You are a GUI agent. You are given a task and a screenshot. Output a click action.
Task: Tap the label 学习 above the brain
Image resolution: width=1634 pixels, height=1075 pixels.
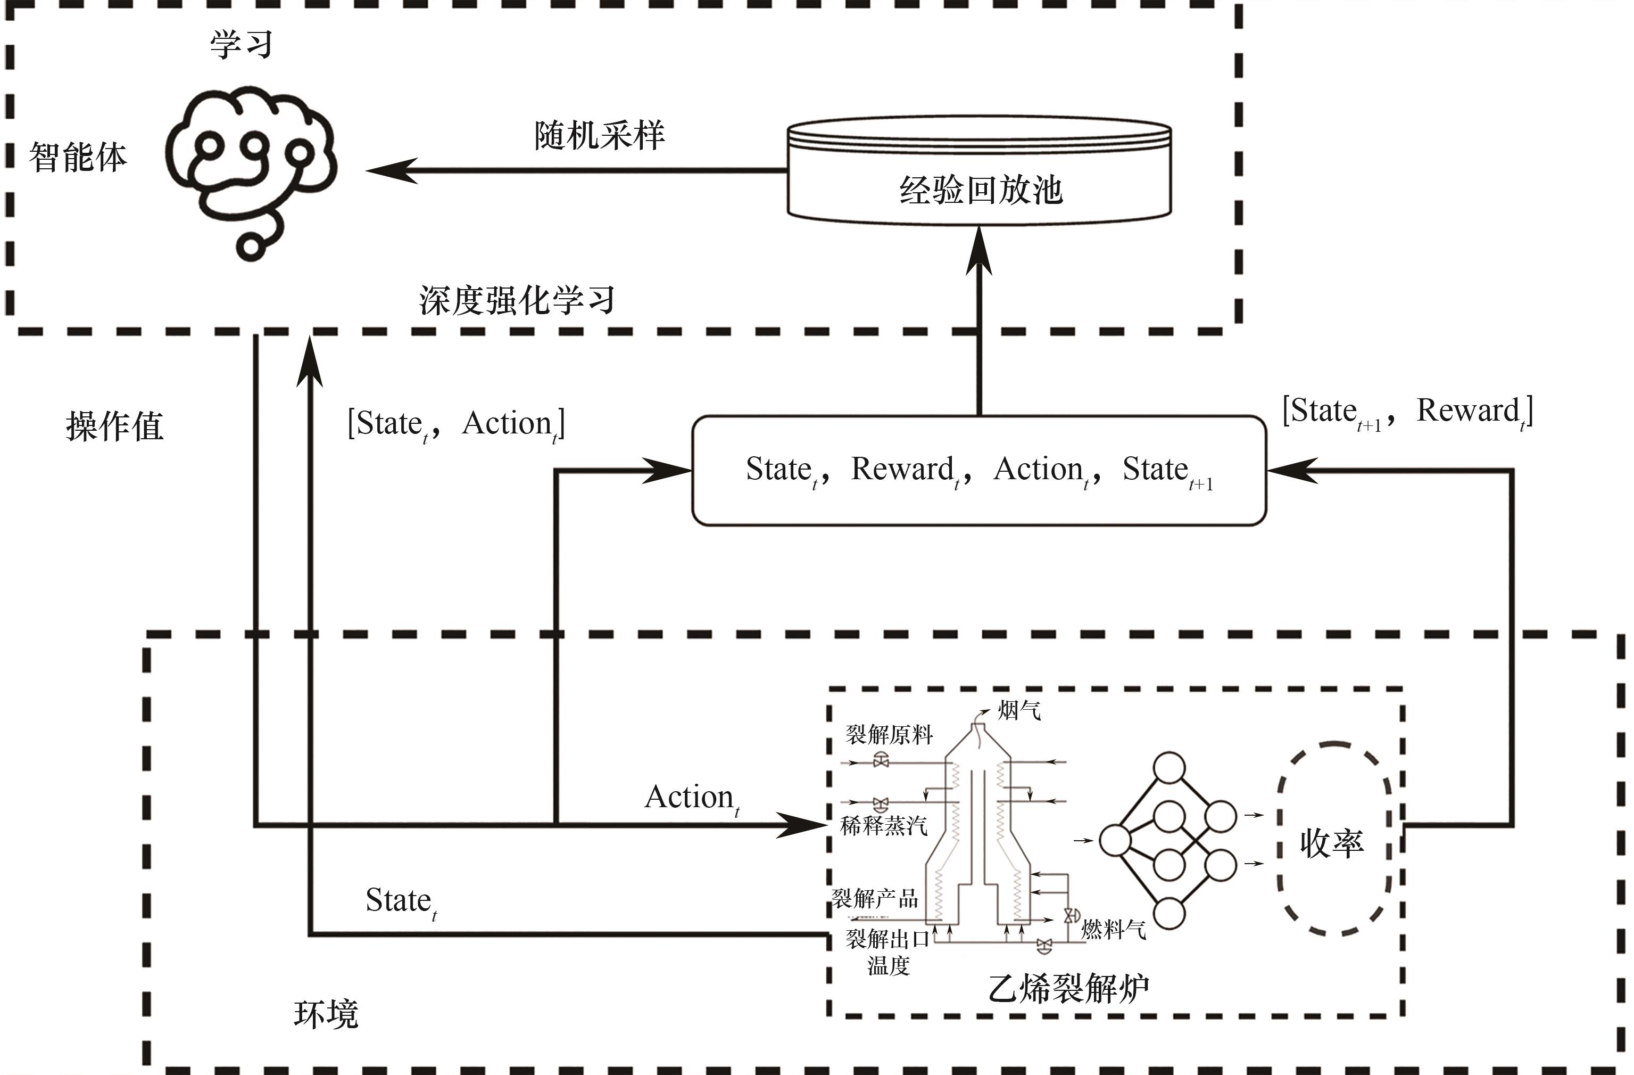pyautogui.click(x=241, y=45)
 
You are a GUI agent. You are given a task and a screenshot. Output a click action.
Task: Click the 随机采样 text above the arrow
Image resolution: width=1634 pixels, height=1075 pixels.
pyautogui.click(x=599, y=135)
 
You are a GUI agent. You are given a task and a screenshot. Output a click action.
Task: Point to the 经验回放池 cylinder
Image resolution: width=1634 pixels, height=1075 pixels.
pyautogui.click(x=979, y=172)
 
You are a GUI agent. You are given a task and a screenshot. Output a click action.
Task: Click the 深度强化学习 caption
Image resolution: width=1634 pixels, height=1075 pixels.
pyautogui.click(x=517, y=301)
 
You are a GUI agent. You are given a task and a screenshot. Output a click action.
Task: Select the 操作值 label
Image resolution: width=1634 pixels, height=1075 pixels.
pyautogui.click(x=114, y=426)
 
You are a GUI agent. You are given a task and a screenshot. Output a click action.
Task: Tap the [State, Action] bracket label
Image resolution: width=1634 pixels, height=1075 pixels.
pyautogui.click(x=456, y=424)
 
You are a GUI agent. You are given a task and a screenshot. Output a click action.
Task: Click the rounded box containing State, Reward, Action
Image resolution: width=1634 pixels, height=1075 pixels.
pyautogui.click(x=979, y=471)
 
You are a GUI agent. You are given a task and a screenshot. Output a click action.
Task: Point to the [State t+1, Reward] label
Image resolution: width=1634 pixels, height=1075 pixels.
pyautogui.click(x=1407, y=412)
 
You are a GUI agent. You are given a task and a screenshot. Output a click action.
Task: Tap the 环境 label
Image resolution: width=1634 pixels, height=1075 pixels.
pyautogui.click(x=326, y=1014)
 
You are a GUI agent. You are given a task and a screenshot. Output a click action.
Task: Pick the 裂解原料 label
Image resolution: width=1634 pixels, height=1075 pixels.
pyautogui.click(x=889, y=735)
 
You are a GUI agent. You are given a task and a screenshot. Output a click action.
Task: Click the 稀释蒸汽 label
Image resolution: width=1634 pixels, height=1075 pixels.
pyautogui.click(x=884, y=825)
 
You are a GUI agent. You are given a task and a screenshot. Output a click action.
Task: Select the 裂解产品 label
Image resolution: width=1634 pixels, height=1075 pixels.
pyautogui.click(x=875, y=898)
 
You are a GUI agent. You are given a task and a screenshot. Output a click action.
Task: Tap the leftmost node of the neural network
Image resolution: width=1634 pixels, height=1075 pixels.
pyautogui.click(x=1115, y=840)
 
